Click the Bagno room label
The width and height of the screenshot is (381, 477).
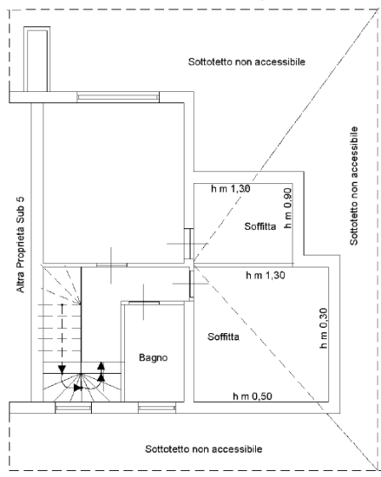(x=153, y=358)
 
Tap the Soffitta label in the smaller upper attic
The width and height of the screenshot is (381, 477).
(x=260, y=227)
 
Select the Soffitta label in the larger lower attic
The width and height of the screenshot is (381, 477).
(x=224, y=336)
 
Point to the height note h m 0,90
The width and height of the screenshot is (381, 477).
(x=287, y=208)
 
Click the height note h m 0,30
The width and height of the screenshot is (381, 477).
(x=323, y=328)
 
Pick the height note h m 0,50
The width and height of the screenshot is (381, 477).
(x=253, y=396)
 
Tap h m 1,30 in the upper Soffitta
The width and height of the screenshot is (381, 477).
(x=230, y=188)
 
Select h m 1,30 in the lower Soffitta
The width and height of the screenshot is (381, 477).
(x=265, y=275)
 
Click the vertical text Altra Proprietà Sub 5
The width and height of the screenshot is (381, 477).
(x=20, y=245)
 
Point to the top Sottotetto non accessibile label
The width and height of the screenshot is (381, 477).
(x=247, y=61)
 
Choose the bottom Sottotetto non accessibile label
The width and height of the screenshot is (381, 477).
(x=203, y=449)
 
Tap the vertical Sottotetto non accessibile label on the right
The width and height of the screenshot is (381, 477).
(x=354, y=186)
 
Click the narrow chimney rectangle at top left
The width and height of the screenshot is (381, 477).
(x=37, y=59)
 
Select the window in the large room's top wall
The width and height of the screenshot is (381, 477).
(x=118, y=97)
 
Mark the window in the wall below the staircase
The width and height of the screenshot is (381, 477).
(x=73, y=408)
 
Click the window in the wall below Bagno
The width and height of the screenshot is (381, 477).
(x=156, y=408)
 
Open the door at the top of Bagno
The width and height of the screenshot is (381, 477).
(x=144, y=302)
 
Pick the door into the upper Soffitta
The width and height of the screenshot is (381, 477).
(x=189, y=244)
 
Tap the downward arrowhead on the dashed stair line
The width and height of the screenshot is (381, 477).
(x=62, y=370)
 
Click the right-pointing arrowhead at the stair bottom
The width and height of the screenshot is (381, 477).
(x=78, y=388)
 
